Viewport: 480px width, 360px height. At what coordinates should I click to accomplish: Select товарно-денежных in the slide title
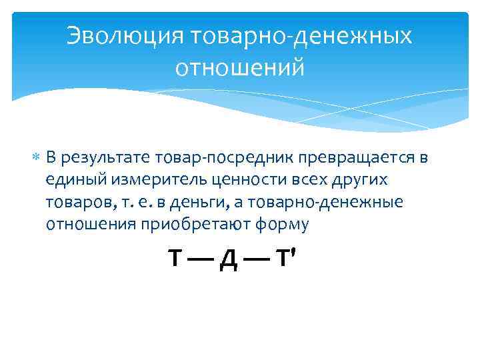[301, 37]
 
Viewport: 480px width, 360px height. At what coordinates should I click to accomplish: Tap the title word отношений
[239, 67]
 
